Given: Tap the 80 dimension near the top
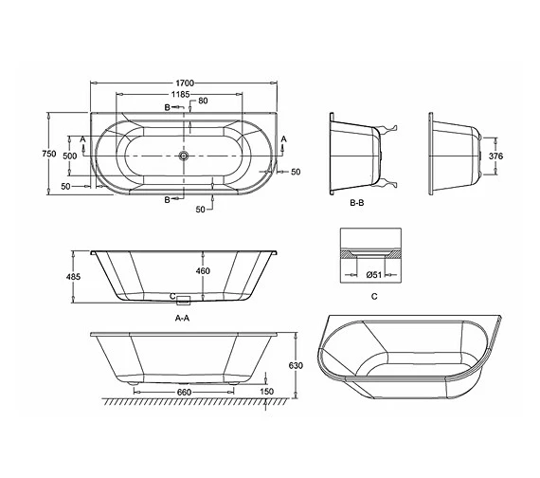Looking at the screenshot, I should (x=203, y=101).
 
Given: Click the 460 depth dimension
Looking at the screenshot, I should (x=203, y=272).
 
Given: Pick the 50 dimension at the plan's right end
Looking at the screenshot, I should (x=296, y=172).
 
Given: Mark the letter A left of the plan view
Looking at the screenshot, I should (x=83, y=138).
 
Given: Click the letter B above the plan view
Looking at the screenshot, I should (x=168, y=109).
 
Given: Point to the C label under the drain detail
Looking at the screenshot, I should (x=375, y=297).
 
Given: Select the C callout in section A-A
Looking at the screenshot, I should (x=173, y=296).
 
